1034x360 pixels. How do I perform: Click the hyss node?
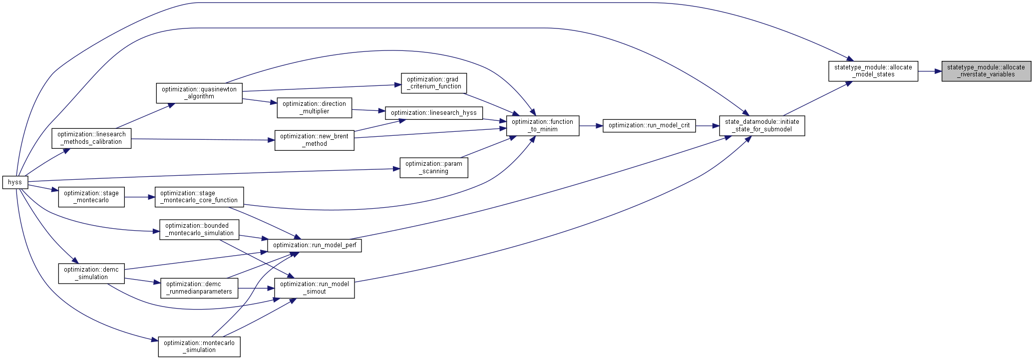click(x=15, y=182)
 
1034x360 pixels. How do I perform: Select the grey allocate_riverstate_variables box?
click(x=986, y=71)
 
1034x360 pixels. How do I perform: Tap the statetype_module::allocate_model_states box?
click(x=873, y=71)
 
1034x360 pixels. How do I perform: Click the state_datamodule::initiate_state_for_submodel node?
click(x=762, y=125)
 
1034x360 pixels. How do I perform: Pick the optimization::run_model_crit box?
click(x=649, y=125)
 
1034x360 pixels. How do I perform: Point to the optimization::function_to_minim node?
click(x=543, y=125)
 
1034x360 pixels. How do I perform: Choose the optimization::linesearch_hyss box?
click(x=434, y=113)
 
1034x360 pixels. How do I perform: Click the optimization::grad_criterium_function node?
click(x=434, y=83)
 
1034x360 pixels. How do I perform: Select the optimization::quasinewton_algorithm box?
click(x=199, y=93)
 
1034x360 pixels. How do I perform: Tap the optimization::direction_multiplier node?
click(x=315, y=107)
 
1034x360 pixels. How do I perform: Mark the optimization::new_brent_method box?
click(x=315, y=140)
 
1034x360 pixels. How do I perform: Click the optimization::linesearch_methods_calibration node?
click(x=91, y=138)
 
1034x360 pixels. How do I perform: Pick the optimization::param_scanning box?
click(x=434, y=167)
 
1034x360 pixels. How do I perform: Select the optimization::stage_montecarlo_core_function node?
click(x=199, y=197)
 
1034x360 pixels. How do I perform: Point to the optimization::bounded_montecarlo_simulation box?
click(x=199, y=229)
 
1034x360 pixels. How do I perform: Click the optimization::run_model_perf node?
click(x=315, y=245)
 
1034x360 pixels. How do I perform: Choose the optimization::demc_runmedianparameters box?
click(x=199, y=288)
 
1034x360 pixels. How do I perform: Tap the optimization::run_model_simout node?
click(x=315, y=288)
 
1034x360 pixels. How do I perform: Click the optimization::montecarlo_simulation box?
click(x=199, y=347)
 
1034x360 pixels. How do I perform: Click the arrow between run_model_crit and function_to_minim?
click(x=591, y=126)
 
